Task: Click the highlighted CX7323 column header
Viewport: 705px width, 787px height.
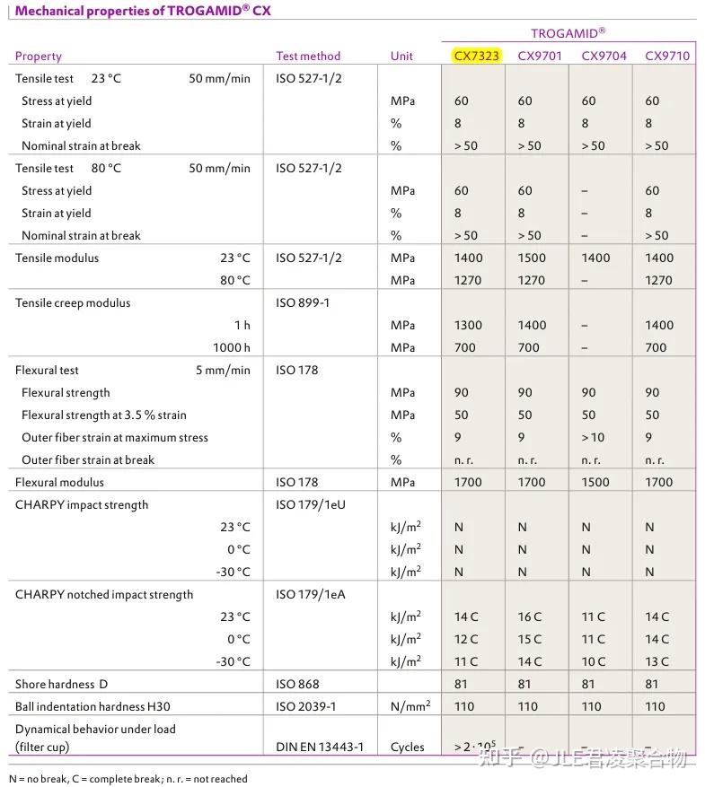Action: [x=476, y=56]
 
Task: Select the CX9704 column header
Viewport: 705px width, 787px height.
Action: [x=604, y=56]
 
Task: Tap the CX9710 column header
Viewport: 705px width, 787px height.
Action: [x=667, y=56]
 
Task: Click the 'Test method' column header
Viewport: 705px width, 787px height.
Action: [x=308, y=56]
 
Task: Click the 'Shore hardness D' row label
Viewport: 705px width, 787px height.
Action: [x=60, y=684]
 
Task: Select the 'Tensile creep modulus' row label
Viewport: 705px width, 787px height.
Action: [x=73, y=302]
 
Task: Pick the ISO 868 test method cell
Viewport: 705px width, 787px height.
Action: [x=297, y=684]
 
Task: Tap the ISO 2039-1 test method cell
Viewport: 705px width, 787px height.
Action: [x=305, y=706]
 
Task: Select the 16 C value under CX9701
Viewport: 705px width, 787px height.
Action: [x=530, y=616]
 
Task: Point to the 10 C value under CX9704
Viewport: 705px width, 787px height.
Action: [x=593, y=661]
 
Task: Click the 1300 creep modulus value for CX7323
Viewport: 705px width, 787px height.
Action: [x=468, y=325]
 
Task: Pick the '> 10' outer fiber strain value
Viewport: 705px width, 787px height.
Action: [x=593, y=437]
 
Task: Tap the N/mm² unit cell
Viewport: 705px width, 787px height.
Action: [x=410, y=706]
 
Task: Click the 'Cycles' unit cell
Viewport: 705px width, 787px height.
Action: [x=408, y=747]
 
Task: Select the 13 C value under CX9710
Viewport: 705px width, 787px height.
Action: [x=657, y=661]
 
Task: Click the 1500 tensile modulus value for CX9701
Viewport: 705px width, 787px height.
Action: [x=532, y=258]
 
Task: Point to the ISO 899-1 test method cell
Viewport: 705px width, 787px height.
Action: [x=303, y=302]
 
